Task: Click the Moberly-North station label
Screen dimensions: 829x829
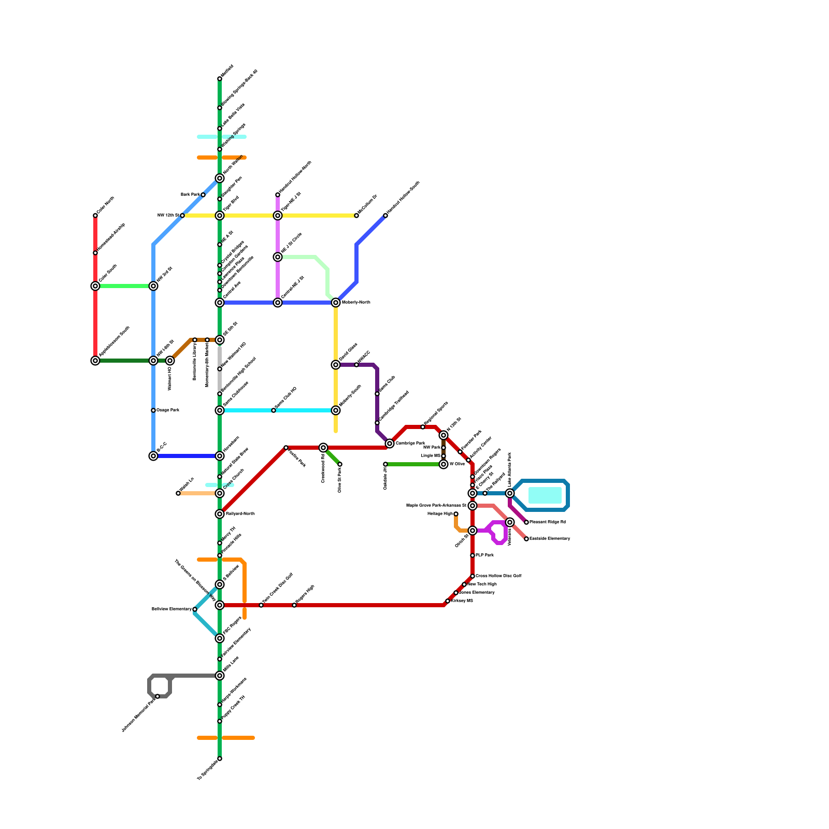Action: (x=356, y=302)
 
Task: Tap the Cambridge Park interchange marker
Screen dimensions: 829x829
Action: (x=390, y=444)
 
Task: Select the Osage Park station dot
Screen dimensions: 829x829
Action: (x=153, y=410)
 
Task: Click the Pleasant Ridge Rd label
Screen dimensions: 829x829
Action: (x=548, y=522)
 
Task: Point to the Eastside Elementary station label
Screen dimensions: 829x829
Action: (x=550, y=538)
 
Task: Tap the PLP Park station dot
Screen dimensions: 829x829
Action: (x=473, y=555)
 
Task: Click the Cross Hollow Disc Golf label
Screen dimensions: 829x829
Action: (x=498, y=576)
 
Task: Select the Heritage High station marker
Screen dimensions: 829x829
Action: (x=456, y=514)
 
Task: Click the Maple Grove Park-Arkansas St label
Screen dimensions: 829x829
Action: (x=436, y=505)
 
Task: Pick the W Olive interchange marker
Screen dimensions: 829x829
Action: (x=444, y=464)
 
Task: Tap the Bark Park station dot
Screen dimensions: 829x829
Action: (x=203, y=195)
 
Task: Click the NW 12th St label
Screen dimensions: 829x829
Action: (x=168, y=215)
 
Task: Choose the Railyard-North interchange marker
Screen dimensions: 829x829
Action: (x=220, y=514)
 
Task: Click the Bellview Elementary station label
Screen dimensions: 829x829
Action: (x=171, y=609)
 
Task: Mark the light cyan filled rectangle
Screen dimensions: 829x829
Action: (x=545, y=495)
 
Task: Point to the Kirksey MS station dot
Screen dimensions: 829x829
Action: (x=448, y=601)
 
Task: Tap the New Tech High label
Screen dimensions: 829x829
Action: (x=482, y=584)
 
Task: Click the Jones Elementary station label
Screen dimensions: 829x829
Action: (x=477, y=592)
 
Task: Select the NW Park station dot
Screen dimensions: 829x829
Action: (x=444, y=448)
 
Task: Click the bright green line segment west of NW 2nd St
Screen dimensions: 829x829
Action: (x=124, y=286)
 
